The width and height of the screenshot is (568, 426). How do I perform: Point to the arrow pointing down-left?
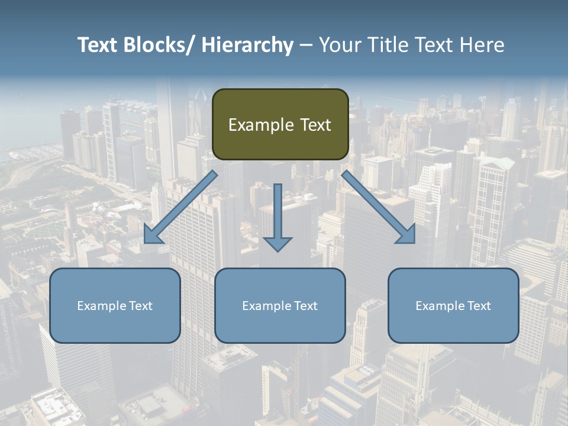tap(181, 208)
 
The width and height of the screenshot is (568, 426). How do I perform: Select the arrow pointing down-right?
tap(379, 208)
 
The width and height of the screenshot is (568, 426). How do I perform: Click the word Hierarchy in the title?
tap(247, 45)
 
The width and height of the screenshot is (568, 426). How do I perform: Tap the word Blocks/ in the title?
tap(157, 45)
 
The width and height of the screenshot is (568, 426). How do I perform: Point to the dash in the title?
tap(306, 45)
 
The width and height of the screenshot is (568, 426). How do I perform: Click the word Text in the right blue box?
tap(479, 306)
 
